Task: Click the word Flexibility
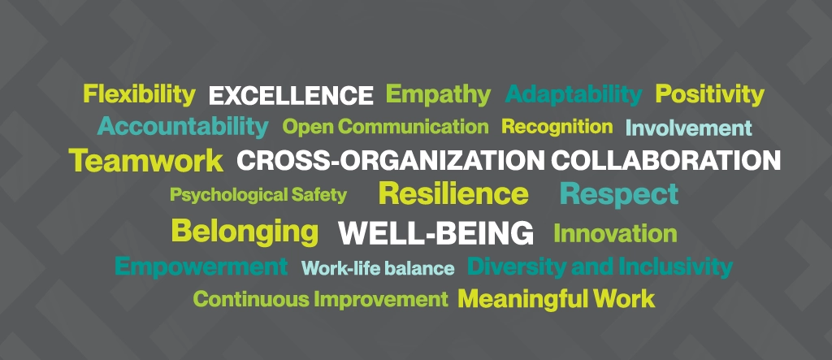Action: point(140,95)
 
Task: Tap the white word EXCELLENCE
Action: point(291,96)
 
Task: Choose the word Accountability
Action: point(183,127)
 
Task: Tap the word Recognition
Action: point(557,127)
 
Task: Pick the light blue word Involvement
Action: point(689,128)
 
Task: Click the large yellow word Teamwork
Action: point(146,160)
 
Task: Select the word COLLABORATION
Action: point(666,160)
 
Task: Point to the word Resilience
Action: point(453,193)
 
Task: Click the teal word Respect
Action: point(619,194)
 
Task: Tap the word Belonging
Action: point(245,232)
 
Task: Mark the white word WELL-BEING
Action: point(435,233)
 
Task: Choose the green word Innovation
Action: point(616,233)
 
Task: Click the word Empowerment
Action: point(201,267)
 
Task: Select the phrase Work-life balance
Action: point(378,268)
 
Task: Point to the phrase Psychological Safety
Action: point(258,195)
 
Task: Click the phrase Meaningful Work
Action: point(557,299)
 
